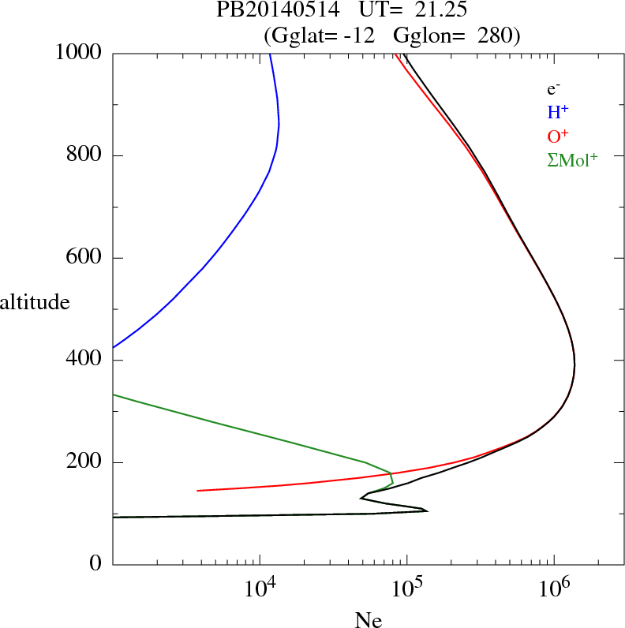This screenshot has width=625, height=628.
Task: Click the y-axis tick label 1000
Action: coord(79,53)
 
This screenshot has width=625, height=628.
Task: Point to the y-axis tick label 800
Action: coord(85,155)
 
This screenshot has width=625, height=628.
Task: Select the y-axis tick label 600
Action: coord(85,258)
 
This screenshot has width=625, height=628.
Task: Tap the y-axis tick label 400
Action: coord(85,361)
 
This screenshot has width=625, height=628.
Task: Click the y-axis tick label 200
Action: coord(85,462)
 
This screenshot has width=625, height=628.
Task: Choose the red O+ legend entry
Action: coord(558,136)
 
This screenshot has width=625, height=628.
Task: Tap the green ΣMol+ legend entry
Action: coord(572,159)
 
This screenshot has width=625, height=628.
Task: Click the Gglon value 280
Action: coord(494,36)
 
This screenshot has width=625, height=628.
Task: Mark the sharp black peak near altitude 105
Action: coord(426,510)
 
